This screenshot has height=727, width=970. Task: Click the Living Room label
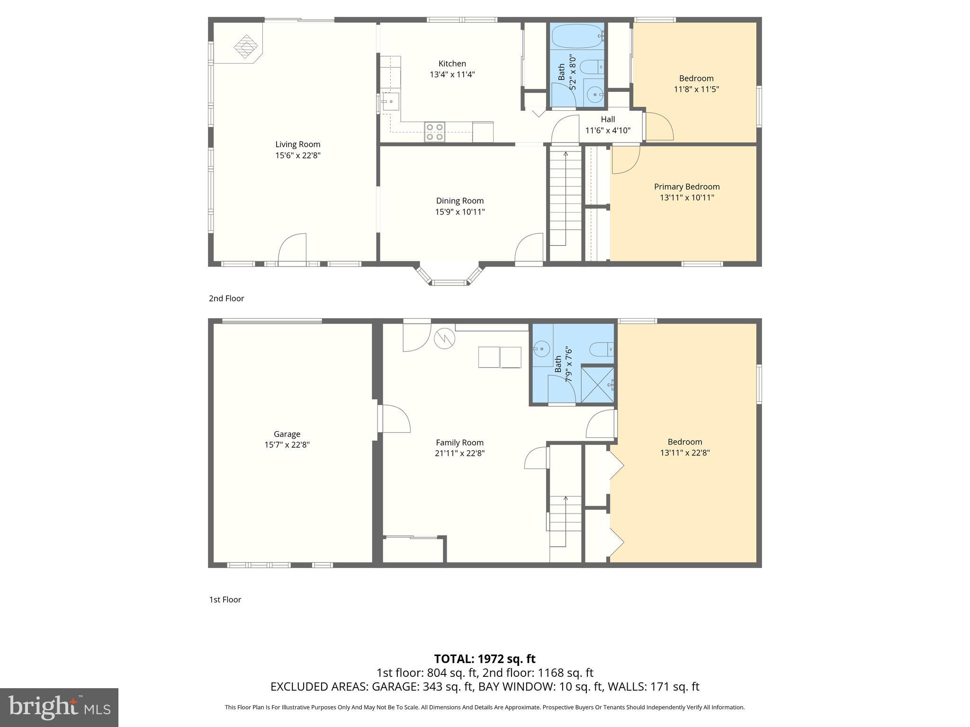298,144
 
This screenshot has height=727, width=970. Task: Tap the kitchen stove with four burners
435,132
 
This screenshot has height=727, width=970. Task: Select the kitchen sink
391,101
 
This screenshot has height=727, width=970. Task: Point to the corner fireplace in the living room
245,46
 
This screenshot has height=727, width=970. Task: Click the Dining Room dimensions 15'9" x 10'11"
460,212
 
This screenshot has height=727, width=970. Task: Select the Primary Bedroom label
687,186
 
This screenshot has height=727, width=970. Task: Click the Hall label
608,119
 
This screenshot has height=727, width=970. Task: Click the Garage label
287,434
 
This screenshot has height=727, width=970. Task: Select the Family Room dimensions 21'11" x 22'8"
460,453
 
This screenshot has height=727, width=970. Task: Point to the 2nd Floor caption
226,298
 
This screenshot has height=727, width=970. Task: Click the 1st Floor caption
225,600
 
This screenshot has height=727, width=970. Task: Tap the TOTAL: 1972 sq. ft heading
485,659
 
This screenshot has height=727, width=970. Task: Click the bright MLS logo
59,707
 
